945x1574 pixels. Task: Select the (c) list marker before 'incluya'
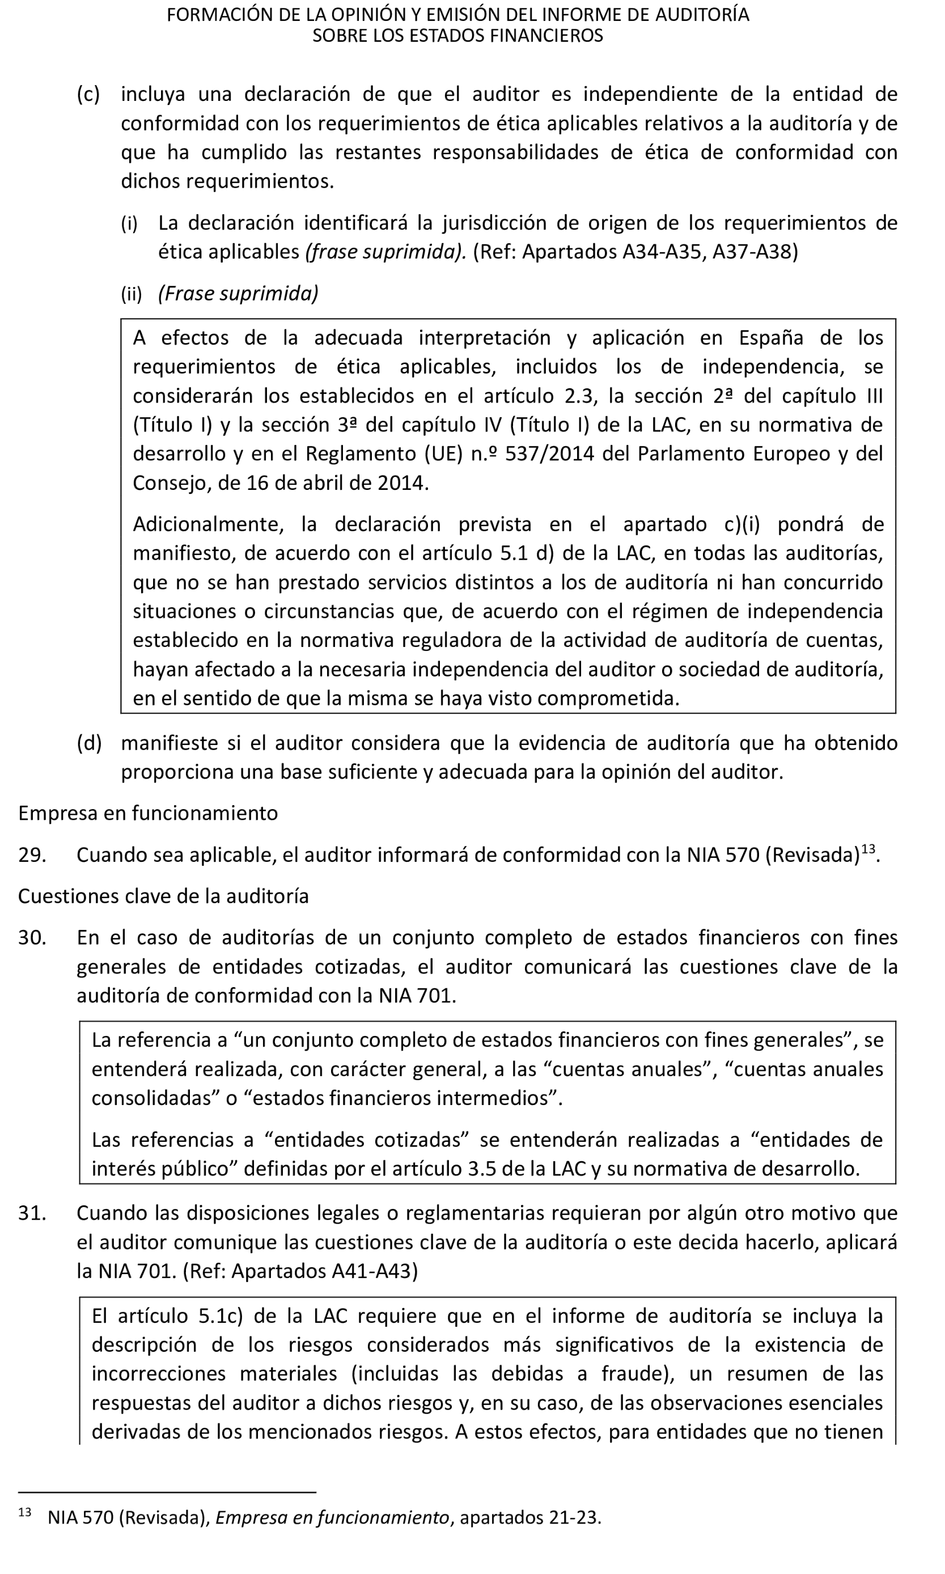tap(88, 94)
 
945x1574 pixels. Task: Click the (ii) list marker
tap(131, 294)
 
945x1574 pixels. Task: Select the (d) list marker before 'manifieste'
tap(89, 743)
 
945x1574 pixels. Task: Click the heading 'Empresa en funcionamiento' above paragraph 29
tap(148, 813)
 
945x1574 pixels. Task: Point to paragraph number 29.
tap(32, 854)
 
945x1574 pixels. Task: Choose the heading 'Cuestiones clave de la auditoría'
tap(163, 896)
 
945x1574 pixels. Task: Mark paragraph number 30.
tap(32, 937)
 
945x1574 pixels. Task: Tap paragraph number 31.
tap(32, 1213)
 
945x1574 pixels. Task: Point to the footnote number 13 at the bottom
tap(25, 1513)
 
